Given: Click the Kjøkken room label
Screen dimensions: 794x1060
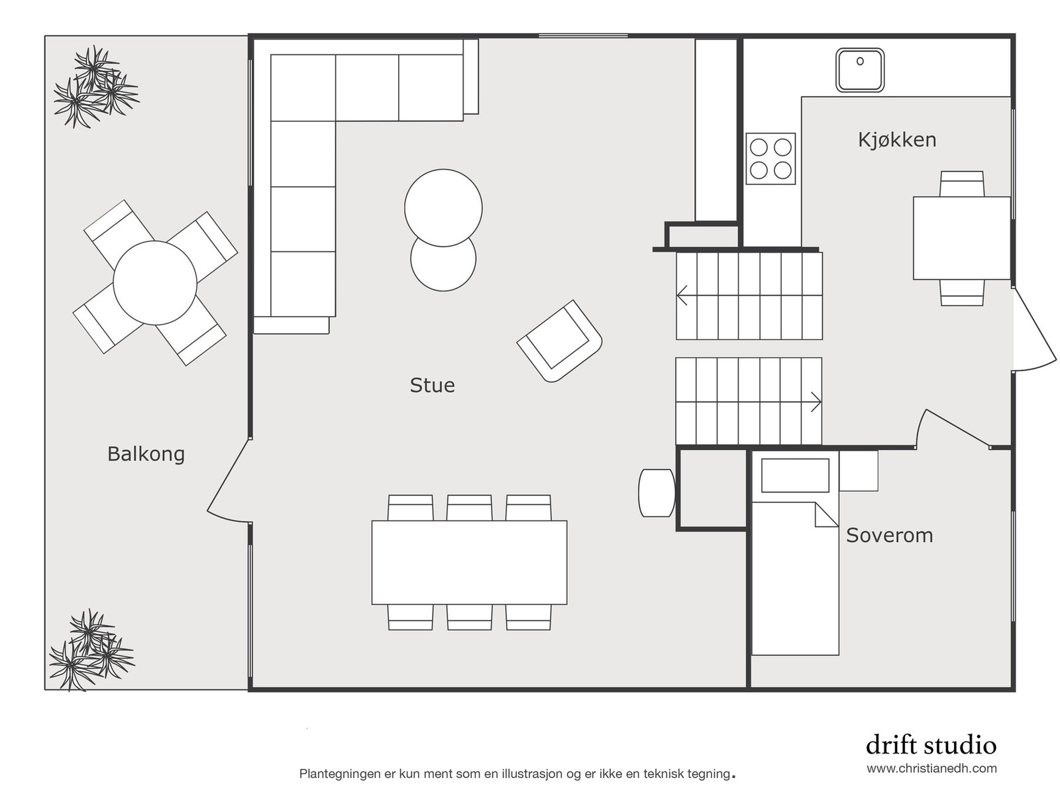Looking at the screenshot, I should [896, 140].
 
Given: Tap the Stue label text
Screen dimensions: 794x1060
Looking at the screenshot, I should [432, 385].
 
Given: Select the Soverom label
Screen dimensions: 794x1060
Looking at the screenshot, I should [889, 535].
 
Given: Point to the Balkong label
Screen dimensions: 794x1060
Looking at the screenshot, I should [146, 454].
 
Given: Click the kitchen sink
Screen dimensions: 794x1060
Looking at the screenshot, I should [859, 70].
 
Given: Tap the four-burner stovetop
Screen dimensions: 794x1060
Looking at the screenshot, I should [770, 158].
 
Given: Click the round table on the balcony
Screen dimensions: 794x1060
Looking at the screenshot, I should [154, 283].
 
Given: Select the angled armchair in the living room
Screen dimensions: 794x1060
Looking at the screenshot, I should [560, 341].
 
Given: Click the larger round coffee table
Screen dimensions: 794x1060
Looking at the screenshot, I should [443, 207].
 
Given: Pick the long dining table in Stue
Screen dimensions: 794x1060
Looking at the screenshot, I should [469, 562].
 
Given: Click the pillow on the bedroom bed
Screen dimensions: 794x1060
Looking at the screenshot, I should [795, 475].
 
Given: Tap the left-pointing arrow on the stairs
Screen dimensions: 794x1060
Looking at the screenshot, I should [682, 296].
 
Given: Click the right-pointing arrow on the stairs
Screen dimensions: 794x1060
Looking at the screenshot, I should [816, 402].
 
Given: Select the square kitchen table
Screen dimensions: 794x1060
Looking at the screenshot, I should [961, 237].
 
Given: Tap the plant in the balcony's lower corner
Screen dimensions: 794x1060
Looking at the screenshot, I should [91, 650].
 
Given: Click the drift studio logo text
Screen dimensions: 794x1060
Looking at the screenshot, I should [930, 745].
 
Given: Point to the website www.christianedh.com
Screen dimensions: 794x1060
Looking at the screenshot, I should [931, 769].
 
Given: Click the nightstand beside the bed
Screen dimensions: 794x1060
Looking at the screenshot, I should [859, 471].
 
